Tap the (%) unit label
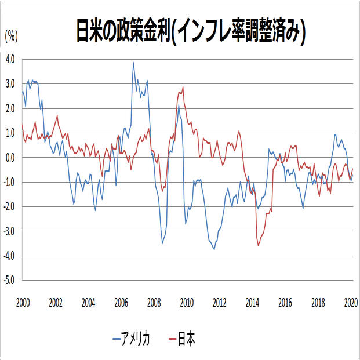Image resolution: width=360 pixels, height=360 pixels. click(12, 36)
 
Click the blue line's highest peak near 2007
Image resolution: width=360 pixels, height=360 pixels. click(133, 63)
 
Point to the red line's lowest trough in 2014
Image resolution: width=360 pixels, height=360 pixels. click(259, 245)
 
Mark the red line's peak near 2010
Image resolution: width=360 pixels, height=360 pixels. click(183, 88)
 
